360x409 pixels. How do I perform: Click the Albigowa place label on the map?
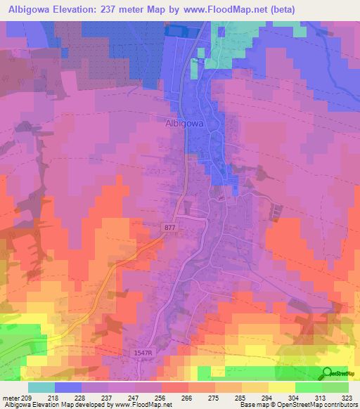pos(184,122)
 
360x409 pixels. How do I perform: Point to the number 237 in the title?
pos(122,9)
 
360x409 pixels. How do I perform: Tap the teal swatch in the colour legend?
pos(41,387)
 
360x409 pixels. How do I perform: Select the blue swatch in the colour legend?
pos(68,387)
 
